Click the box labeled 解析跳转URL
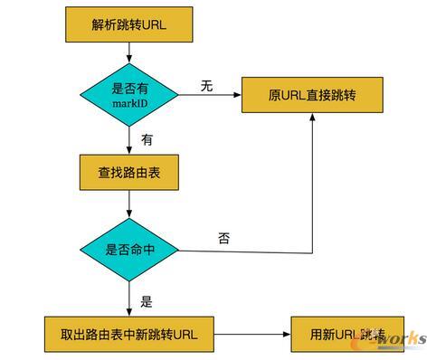point(130,25)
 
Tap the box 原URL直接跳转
point(314,95)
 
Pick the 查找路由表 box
point(130,169)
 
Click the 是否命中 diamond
point(130,249)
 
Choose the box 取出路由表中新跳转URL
point(130,335)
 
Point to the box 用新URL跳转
point(346,335)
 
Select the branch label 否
point(223,238)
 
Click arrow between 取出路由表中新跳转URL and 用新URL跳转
point(253,335)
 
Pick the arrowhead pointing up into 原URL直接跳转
point(314,118)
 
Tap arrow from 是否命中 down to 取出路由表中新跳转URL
point(130,298)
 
